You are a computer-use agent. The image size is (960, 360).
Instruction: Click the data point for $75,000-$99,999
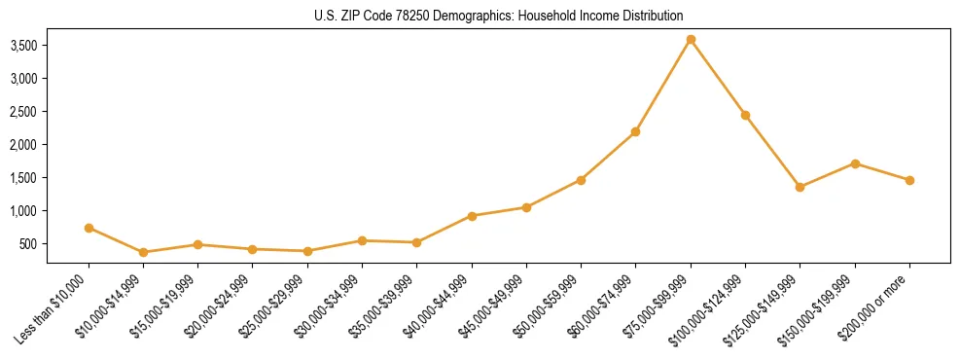pos(691,40)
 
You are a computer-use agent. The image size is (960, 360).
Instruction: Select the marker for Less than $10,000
pos(89,228)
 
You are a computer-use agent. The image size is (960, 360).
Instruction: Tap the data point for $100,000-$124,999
pos(745,115)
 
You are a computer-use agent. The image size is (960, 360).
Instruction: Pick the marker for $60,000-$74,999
pos(635,131)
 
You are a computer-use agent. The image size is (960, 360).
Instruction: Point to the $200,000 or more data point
pos(909,180)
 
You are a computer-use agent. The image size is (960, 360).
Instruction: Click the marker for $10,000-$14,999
pos(144,252)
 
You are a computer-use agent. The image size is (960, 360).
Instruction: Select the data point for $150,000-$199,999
pos(855,163)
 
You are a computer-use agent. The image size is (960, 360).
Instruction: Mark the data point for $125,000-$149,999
pos(800,187)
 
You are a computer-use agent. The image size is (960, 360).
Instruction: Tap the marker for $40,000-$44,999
pos(472,216)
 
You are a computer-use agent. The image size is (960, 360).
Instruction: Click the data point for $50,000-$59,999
pos(581,180)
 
